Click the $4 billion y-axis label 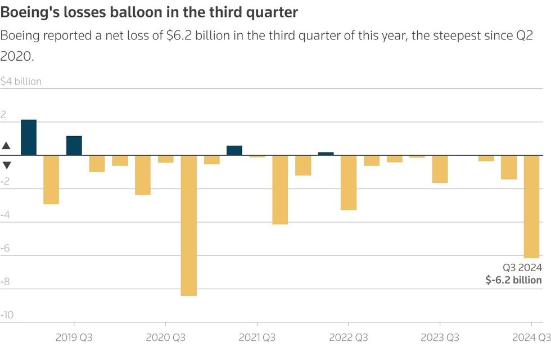point(21,82)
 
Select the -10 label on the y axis point(7,315)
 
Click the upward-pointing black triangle point(6,146)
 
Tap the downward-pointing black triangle point(6,165)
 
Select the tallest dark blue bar point(29,137)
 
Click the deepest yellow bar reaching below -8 point(188,225)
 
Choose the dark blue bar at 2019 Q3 point(74,146)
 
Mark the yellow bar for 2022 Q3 point(349,182)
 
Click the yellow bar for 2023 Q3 point(440,169)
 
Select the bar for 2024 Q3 point(531,206)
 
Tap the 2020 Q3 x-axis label point(165,338)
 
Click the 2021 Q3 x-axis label point(257,338)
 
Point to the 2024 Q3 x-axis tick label point(531,338)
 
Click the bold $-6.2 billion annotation point(513,280)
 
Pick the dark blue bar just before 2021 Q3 point(234,150)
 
